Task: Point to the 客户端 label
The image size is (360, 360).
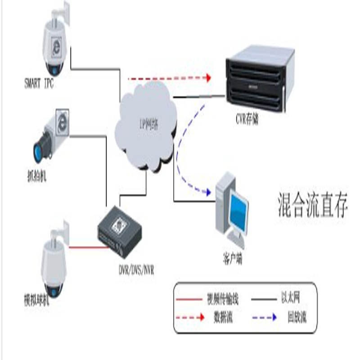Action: coord(233,260)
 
